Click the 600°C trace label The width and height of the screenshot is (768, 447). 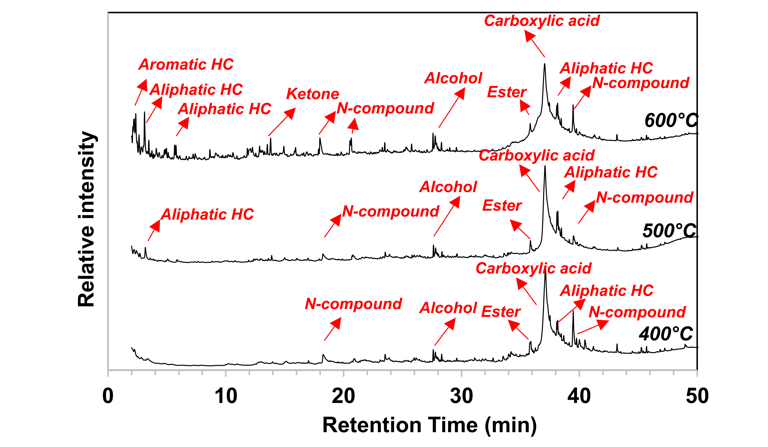click(670, 120)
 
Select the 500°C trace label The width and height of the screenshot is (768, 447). click(669, 231)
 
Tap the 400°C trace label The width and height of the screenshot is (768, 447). click(666, 334)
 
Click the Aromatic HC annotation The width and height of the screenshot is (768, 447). click(186, 64)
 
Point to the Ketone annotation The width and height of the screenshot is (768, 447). click(312, 94)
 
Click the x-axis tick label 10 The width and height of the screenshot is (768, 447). click(226, 396)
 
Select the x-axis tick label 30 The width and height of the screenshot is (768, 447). click(461, 396)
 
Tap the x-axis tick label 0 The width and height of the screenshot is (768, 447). click(108, 396)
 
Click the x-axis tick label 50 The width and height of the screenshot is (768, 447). click(697, 396)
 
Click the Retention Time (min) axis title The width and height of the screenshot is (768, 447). click(429, 425)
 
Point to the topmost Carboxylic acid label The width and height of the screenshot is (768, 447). click(542, 21)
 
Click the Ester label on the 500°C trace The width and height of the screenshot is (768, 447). click(502, 206)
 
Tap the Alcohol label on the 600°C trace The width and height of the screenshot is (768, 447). click(453, 78)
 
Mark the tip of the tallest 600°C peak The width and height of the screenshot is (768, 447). click(545, 64)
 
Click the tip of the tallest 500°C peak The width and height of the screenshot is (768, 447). click(545, 166)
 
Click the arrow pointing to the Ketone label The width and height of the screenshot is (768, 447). click(282, 122)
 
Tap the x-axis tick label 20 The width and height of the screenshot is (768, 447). click(343, 396)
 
